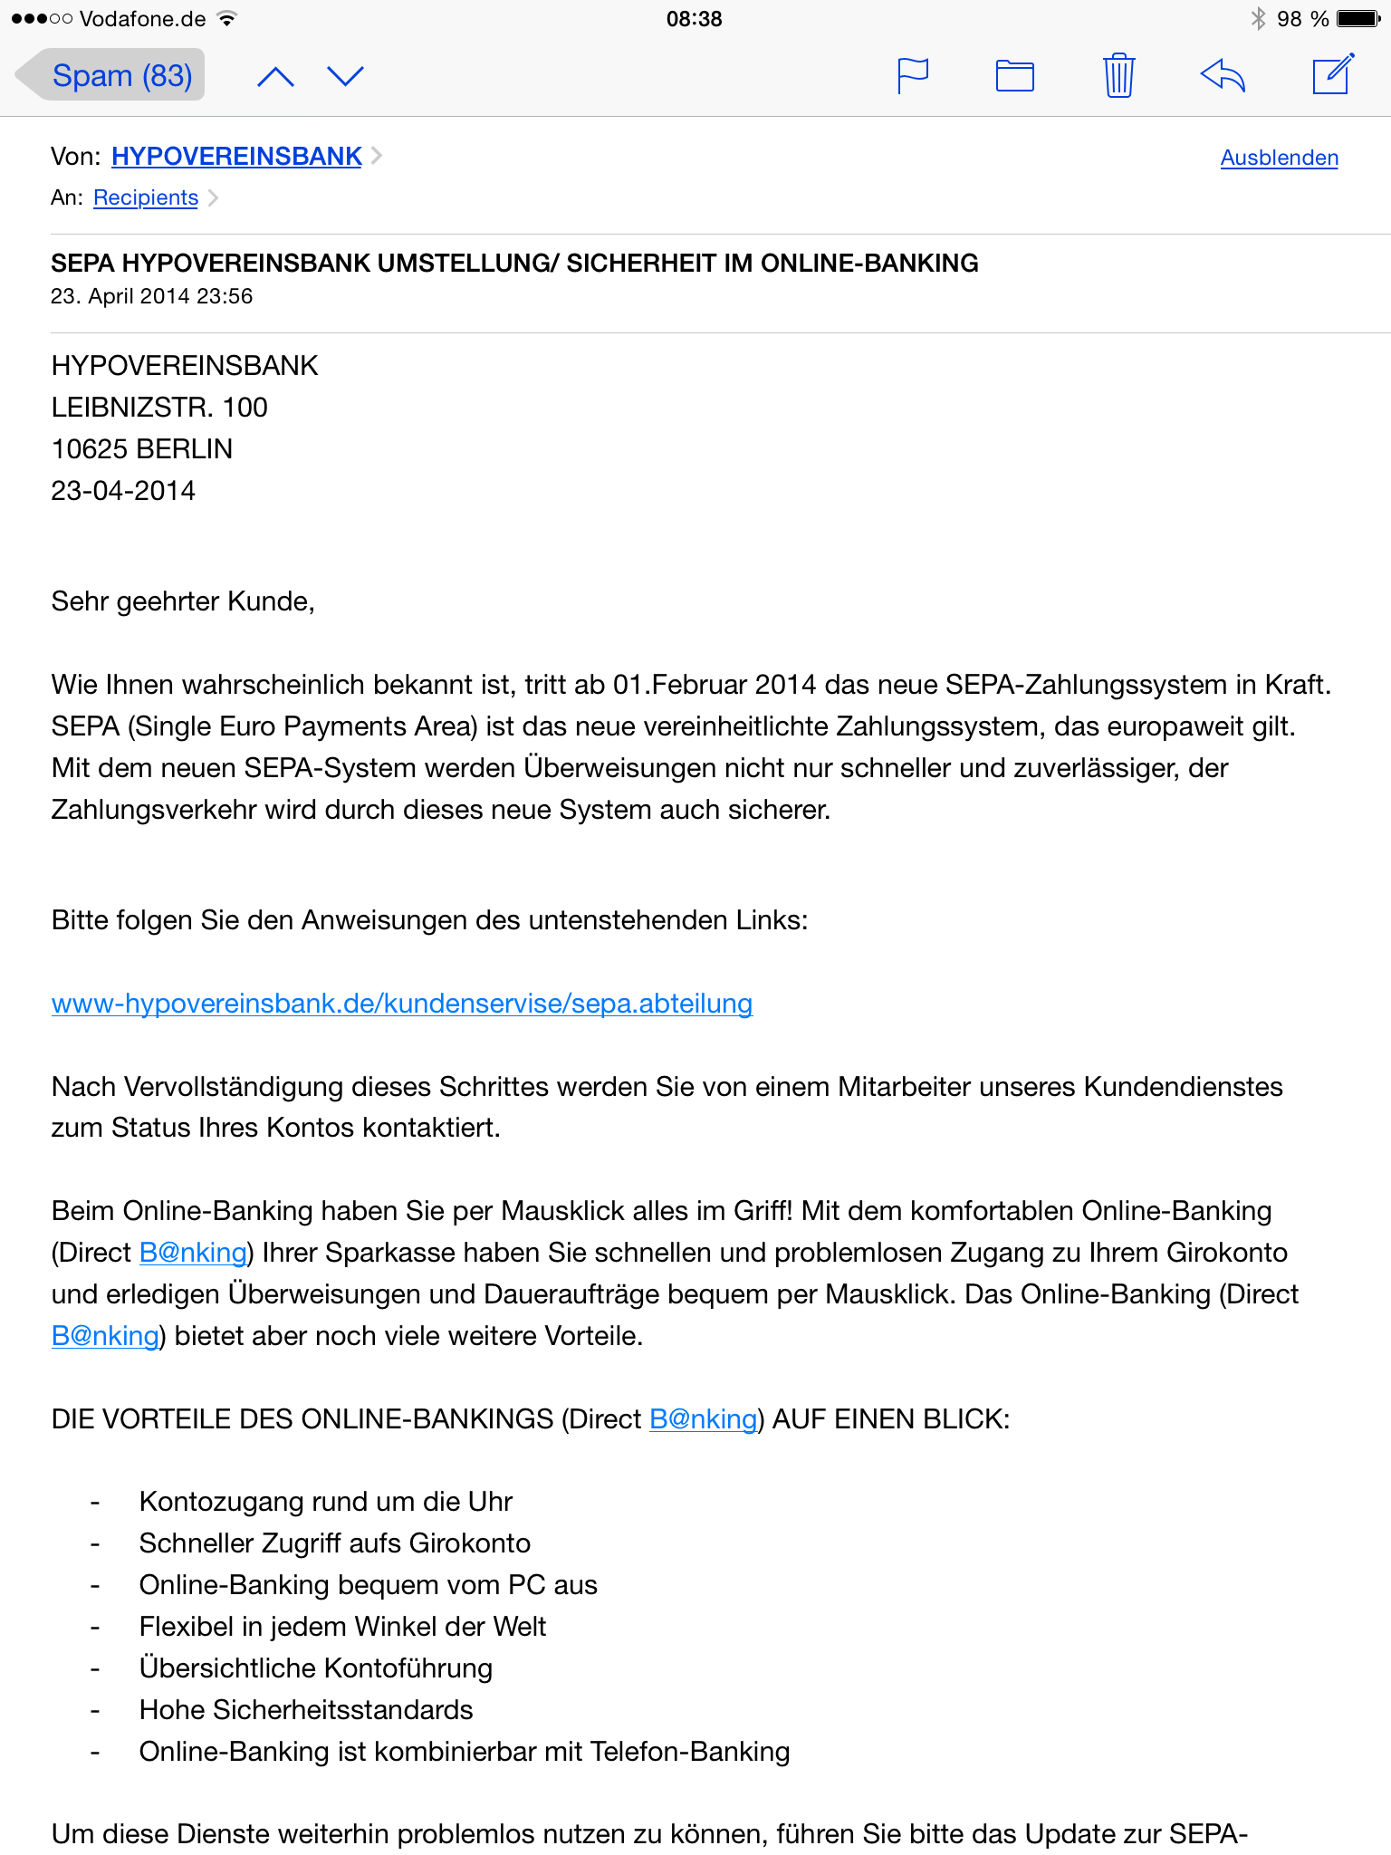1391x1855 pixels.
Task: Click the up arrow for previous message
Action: tap(275, 77)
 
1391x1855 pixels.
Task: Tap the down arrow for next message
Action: tap(345, 77)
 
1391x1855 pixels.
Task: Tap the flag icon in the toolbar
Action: tap(912, 76)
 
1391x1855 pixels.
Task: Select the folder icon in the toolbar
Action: tap(1014, 76)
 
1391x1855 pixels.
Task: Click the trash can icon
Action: tap(1118, 76)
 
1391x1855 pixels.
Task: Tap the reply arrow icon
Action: tap(1223, 76)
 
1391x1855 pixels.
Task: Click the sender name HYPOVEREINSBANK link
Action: tap(236, 157)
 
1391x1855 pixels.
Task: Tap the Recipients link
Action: tap(146, 197)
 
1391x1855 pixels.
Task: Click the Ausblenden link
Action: tap(1279, 158)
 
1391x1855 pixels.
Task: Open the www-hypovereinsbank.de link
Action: tap(402, 1004)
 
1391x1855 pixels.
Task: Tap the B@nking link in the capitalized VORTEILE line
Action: tap(703, 1418)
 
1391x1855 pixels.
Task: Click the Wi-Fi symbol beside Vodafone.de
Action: tap(227, 19)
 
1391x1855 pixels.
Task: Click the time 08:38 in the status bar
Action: tap(694, 19)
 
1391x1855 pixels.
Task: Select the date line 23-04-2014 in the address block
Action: tap(123, 491)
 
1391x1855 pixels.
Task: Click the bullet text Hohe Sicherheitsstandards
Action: tap(306, 1710)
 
